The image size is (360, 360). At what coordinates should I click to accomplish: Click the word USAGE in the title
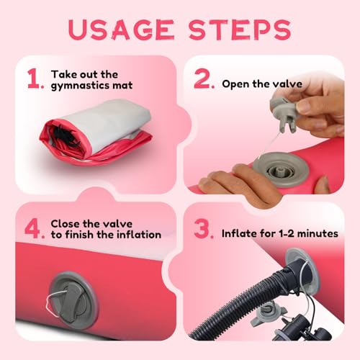coord(121,30)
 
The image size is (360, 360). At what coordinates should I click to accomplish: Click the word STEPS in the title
coord(240,30)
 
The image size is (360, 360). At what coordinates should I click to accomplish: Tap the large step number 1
coord(34,78)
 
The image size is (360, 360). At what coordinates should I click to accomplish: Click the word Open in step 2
coord(233,84)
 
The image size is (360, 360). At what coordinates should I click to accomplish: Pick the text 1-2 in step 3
coord(287,233)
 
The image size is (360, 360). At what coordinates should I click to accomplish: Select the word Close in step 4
coord(65,224)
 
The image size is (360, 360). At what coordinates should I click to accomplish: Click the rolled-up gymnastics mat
coord(96,132)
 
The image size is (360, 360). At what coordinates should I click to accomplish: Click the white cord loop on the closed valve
coord(53,303)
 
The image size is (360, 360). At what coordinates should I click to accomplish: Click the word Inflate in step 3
coord(238,233)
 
